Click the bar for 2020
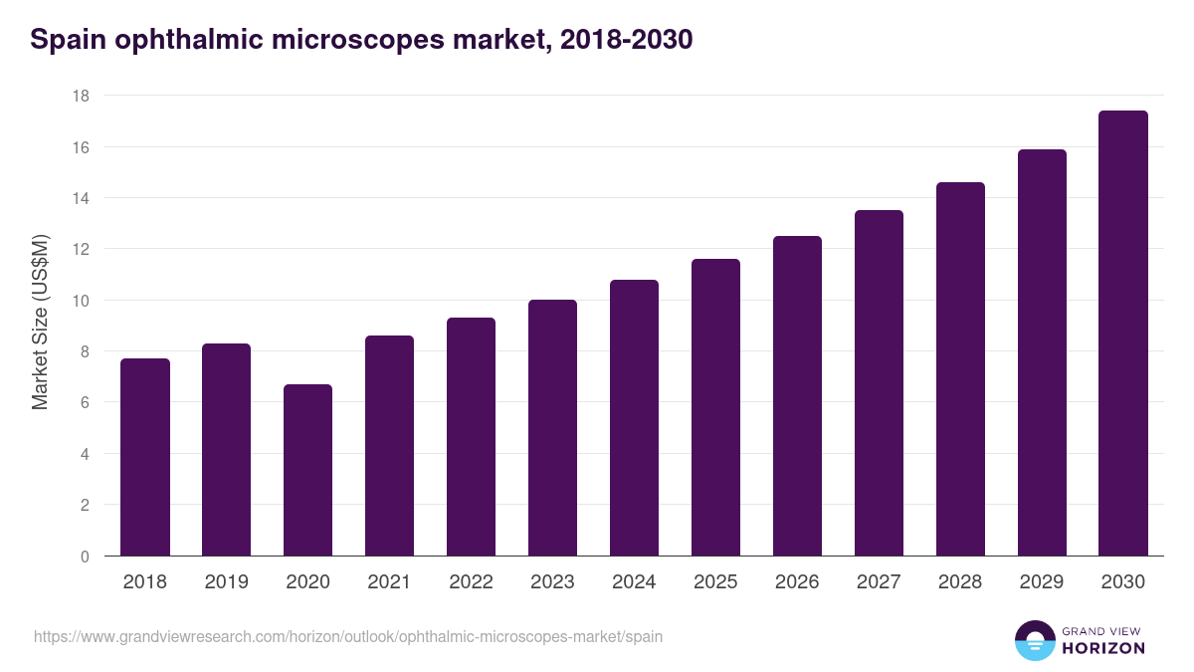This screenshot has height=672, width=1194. tap(307, 470)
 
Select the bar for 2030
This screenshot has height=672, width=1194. tap(1123, 334)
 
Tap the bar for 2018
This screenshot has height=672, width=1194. tap(144, 457)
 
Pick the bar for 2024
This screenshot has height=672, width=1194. tap(634, 418)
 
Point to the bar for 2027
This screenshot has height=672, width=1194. tap(879, 383)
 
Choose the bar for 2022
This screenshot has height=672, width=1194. tap(471, 437)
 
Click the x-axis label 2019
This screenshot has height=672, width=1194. tap(226, 582)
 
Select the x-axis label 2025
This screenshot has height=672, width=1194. tap(715, 582)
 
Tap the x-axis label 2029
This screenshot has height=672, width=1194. tap(1042, 582)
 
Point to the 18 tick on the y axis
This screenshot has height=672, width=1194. tap(81, 96)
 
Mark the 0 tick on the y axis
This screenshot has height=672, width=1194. tap(85, 557)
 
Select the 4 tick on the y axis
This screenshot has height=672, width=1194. tap(85, 454)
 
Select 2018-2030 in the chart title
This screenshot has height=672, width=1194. tap(627, 40)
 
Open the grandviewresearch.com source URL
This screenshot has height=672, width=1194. tap(348, 636)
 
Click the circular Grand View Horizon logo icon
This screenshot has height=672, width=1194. tap(1034, 640)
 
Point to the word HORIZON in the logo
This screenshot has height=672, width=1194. tap(1103, 648)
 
